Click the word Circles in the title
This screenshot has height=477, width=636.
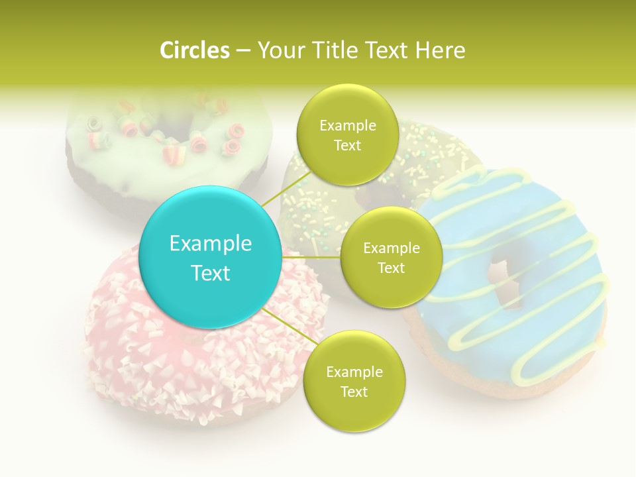point(194,50)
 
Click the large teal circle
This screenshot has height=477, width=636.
point(211,257)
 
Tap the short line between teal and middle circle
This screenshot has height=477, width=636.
point(311,257)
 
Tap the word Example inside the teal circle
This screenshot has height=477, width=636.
point(211,244)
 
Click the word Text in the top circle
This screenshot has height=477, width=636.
point(347,146)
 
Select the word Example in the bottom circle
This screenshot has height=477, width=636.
point(354,372)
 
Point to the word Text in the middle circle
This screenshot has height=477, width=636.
point(391,268)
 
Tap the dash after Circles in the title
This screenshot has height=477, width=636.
point(243,51)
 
